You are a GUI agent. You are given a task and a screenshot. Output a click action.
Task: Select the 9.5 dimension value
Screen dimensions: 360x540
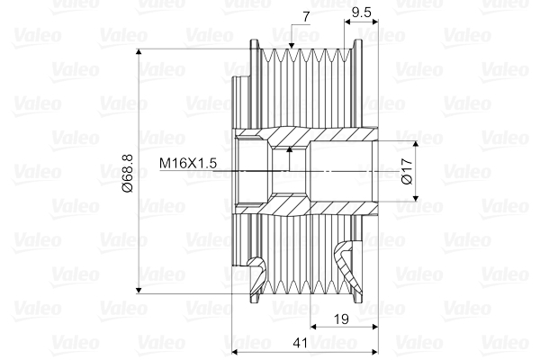pos(362,13)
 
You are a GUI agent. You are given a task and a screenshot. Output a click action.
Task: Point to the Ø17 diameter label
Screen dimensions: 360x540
pos(406,171)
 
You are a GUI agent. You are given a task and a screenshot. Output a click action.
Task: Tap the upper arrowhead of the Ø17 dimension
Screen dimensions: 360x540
pos(416,144)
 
